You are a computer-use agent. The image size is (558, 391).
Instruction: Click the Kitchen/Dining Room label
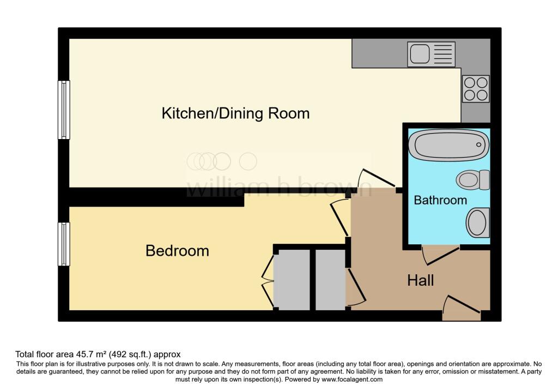tap(235, 113)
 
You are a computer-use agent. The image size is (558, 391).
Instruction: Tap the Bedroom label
tap(177, 251)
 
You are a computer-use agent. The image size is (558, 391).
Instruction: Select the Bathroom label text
tap(440, 200)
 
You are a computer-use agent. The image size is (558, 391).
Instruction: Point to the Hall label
tap(421, 281)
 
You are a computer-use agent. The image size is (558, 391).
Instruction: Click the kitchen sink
tap(432, 54)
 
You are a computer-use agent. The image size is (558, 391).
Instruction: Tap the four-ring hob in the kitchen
tap(476, 89)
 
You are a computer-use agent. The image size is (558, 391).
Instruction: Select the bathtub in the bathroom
tap(449, 145)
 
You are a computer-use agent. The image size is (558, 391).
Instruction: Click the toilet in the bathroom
tap(473, 180)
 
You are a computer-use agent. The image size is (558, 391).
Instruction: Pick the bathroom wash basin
tap(477, 223)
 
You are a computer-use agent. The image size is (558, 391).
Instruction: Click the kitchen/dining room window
tap(64, 110)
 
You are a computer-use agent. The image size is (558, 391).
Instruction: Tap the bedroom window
tap(64, 244)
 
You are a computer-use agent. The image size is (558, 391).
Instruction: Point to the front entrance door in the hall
tap(462, 309)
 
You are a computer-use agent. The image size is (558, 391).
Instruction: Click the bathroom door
tap(440, 255)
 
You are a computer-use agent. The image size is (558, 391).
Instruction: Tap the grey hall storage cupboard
tap(330, 280)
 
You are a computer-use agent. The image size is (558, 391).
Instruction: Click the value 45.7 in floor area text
tap(84, 354)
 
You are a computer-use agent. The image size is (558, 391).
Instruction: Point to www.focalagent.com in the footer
tap(352, 380)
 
